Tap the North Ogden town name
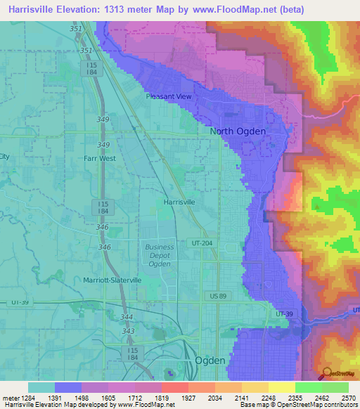click(x=238, y=131)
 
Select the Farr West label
click(x=99, y=159)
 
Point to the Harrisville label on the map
click(x=179, y=202)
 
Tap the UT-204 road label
click(x=200, y=242)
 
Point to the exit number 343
click(x=128, y=331)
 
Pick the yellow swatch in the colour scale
click(x=281, y=387)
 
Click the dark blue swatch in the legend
click(x=68, y=387)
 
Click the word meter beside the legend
click(x=12, y=398)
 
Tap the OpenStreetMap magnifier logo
click(x=326, y=374)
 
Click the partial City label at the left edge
click(x=5, y=157)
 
